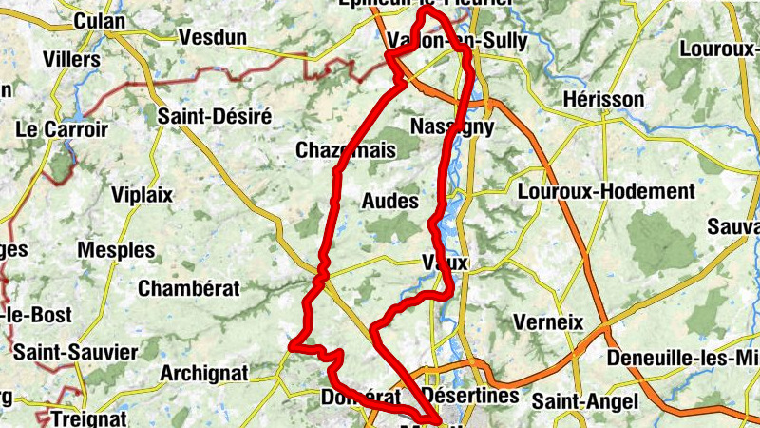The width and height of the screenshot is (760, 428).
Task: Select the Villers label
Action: [71, 59]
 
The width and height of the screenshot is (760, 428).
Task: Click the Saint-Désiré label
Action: [215, 116]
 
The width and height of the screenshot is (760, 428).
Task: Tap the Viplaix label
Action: [142, 195]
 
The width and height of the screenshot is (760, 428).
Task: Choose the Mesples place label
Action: [116, 250]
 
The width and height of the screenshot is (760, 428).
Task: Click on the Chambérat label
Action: [185, 288]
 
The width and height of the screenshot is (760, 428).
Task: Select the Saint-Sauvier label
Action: [75, 353]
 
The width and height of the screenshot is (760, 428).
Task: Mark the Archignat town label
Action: [204, 372]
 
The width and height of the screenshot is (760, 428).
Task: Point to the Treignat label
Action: [88, 418]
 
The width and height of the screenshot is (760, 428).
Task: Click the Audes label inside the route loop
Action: [389, 201]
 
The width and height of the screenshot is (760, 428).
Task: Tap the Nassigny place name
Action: [452, 126]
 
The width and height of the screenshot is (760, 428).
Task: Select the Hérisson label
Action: [602, 99]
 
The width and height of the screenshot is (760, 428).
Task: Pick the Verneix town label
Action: [547, 321]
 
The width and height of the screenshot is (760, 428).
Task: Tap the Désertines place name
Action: [471, 394]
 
